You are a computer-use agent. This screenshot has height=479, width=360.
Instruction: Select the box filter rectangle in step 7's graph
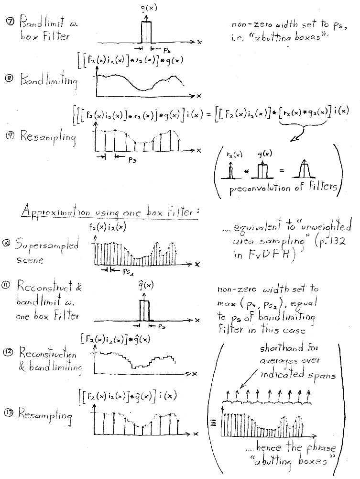[x=146, y=32]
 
